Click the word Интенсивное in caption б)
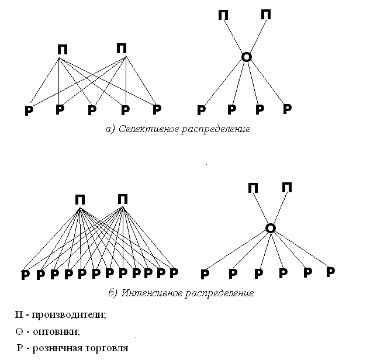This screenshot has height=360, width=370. click(x=148, y=292)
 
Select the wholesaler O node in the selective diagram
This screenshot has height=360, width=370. click(x=247, y=57)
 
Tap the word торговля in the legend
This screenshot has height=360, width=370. click(x=107, y=348)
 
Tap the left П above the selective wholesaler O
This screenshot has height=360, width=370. click(x=223, y=15)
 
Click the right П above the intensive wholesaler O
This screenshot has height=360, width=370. click(x=287, y=187)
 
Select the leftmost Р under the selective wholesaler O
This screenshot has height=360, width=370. click(x=201, y=110)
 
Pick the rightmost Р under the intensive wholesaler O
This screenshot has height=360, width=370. click(x=330, y=272)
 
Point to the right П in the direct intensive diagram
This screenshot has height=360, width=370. click(x=123, y=199)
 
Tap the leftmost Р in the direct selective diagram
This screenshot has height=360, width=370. click(x=28, y=110)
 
